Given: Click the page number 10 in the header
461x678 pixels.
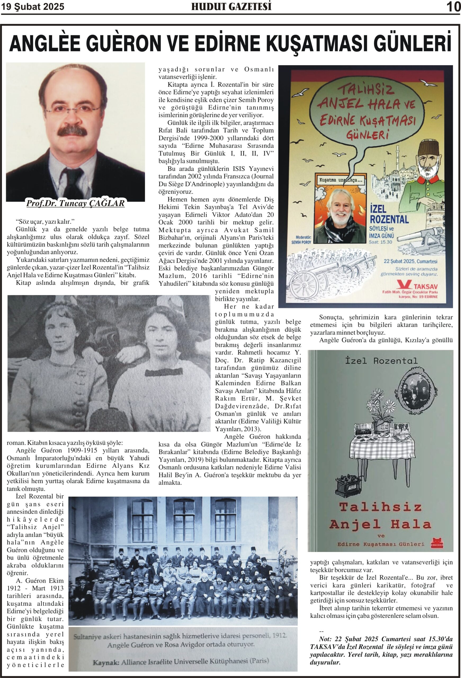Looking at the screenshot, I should pyautogui.click(x=453, y=7).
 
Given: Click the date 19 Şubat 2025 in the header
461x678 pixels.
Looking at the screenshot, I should pyautogui.click(x=33, y=7).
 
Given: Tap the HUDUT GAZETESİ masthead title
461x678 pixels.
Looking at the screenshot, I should pyautogui.click(x=231, y=7).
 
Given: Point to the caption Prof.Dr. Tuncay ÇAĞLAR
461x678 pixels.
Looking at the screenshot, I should pyautogui.click(x=75, y=203).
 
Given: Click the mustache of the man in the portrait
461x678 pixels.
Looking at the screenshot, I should pyautogui.click(x=75, y=132).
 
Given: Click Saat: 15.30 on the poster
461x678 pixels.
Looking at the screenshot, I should pyautogui.click(x=380, y=242).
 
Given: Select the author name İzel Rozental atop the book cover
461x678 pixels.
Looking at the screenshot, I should pyautogui.click(x=381, y=361).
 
